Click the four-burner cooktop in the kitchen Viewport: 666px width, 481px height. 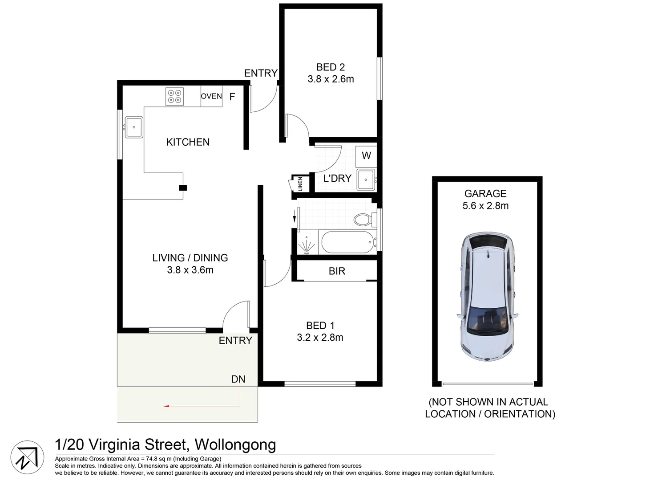tap(174, 97)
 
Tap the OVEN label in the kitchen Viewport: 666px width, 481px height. tap(211, 96)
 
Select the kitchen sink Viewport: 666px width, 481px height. tap(134, 127)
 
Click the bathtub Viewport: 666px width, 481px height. tap(347, 242)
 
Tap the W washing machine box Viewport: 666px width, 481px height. tap(366, 155)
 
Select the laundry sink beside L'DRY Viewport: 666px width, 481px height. tap(366, 180)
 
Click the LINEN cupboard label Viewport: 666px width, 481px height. tap(300, 184)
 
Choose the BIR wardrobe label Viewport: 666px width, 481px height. tap(337, 271)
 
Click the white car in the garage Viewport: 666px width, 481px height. tap(487, 297)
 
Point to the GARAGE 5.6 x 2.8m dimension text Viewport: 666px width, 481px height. tap(485, 205)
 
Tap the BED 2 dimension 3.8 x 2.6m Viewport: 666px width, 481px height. tap(331, 79)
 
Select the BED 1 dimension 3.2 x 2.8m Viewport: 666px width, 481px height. tap(320, 337)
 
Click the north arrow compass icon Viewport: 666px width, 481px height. tap(27, 457)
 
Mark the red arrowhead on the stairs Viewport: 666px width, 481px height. tap(166, 406)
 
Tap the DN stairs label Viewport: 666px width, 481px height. tap(238, 379)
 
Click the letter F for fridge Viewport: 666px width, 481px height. tap(232, 97)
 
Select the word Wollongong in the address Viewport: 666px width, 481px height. tap(235, 445)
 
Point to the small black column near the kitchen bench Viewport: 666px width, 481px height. tap(183, 188)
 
